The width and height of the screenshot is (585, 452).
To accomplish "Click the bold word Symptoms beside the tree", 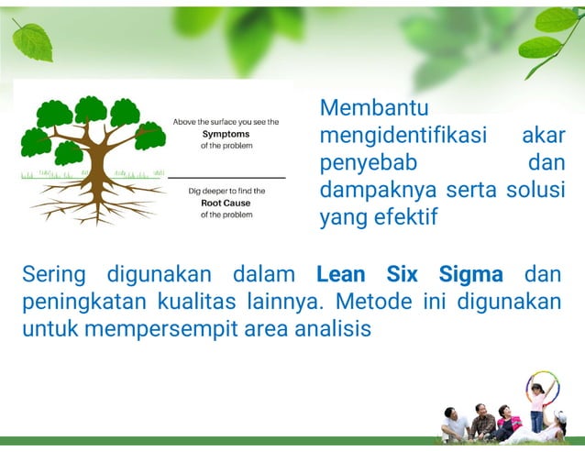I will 226,134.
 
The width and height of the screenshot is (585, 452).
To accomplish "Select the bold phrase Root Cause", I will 226,203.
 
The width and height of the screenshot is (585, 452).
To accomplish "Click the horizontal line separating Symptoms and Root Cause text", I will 226,176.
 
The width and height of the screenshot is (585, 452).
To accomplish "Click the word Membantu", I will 374,108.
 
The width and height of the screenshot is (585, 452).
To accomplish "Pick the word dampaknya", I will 372,191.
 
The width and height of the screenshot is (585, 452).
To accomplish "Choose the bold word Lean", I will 341,274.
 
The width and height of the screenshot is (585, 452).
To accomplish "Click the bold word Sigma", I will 470,274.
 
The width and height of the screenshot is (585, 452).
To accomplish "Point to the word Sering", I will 54,274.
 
